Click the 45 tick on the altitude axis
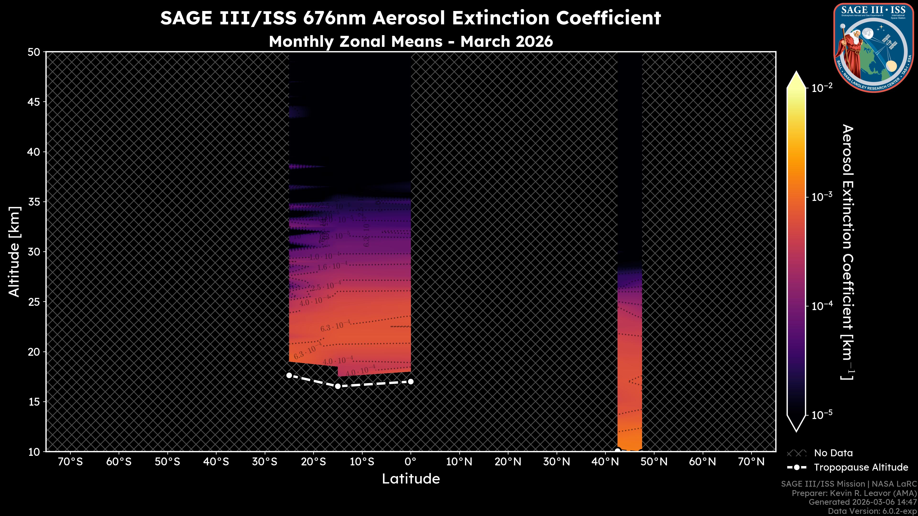click(34, 102)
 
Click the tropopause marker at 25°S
click(289, 375)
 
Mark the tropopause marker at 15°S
click(338, 386)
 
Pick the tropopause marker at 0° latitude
click(410, 382)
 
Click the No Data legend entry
click(833, 453)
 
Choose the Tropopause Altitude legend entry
click(861, 467)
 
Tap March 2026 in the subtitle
click(506, 42)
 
